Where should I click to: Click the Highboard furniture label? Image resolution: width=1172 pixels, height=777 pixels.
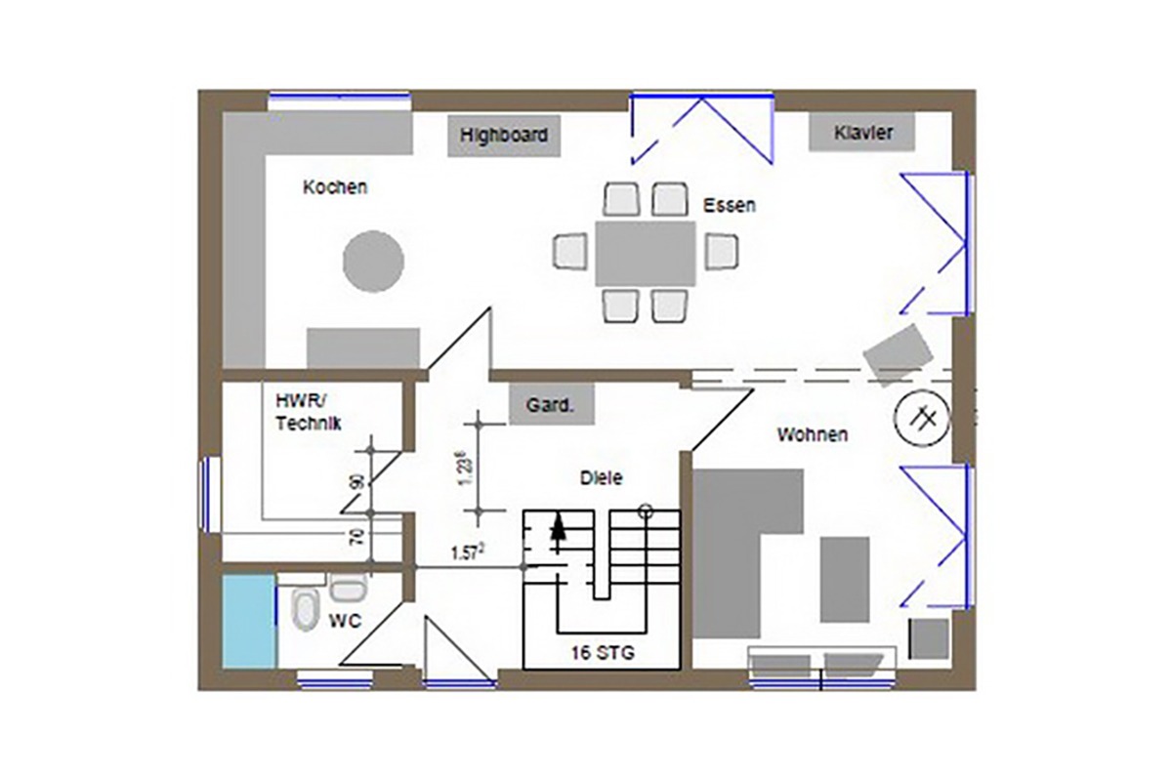coord(504,135)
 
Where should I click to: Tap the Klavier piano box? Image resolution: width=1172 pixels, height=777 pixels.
coord(861,132)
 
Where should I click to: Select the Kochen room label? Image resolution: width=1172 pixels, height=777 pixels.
coord(335,186)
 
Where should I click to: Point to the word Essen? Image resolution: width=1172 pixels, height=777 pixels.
coord(730,205)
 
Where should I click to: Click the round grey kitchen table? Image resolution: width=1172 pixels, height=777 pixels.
coord(373,262)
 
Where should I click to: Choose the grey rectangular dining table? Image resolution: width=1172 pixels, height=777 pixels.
coord(646,254)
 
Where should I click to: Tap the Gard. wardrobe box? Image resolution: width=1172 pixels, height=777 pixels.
coord(552,404)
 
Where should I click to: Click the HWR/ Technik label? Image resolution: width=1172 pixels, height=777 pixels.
coord(309,412)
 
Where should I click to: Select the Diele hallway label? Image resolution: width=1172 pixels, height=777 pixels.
coord(602,477)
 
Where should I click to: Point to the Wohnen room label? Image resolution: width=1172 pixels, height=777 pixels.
coord(812,434)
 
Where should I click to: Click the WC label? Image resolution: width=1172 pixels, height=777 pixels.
coord(345,621)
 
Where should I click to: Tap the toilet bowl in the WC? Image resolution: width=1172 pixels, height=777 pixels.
coord(305,610)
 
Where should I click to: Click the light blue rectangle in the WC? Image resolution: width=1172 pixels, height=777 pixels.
coord(250,621)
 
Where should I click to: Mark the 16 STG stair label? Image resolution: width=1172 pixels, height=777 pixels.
coord(603,653)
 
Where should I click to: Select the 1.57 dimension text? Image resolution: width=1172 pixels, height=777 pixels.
coord(467,552)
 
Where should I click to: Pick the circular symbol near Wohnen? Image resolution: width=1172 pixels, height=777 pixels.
coord(921,419)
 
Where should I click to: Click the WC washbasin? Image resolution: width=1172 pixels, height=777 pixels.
coord(349,587)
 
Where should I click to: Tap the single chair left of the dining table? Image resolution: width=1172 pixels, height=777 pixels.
coord(570,252)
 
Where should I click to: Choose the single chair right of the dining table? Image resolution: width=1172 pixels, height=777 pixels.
coord(722,252)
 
